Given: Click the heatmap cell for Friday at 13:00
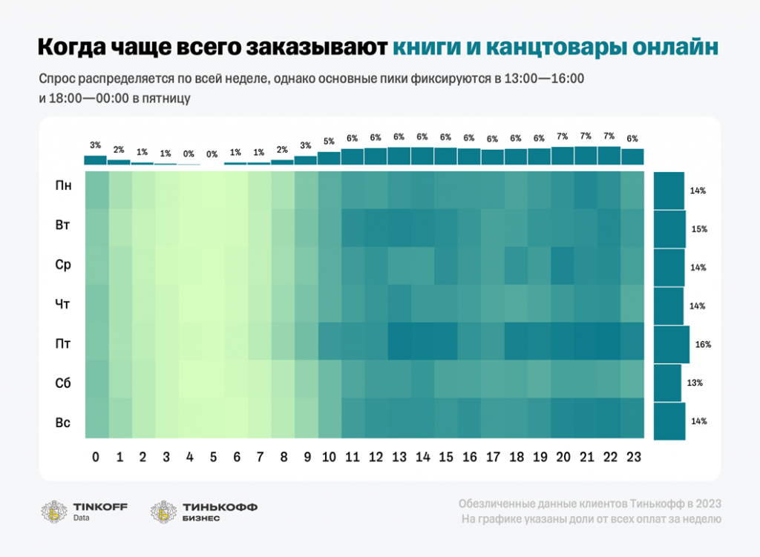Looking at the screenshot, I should pos(399,341).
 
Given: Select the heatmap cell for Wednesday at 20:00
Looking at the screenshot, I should pos(562,266).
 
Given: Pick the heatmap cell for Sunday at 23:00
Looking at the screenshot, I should pos(632,417).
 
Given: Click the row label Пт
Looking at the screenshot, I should pos(64,343).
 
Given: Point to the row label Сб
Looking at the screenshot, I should pos(64,383).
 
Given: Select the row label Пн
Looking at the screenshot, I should pos(64,185).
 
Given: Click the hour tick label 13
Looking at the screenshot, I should pos(399,458).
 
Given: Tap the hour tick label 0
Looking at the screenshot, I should pos(96,458).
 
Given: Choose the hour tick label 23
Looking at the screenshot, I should pos(632,458).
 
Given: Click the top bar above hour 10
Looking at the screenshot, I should pos(329,157).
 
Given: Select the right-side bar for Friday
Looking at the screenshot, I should pos(672,344).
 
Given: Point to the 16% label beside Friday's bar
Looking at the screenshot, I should pos(704,344).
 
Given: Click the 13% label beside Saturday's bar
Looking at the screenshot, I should pos(695,383).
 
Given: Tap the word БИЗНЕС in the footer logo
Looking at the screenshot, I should pos(200,518).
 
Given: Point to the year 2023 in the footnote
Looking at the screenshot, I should pos(706,504).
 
